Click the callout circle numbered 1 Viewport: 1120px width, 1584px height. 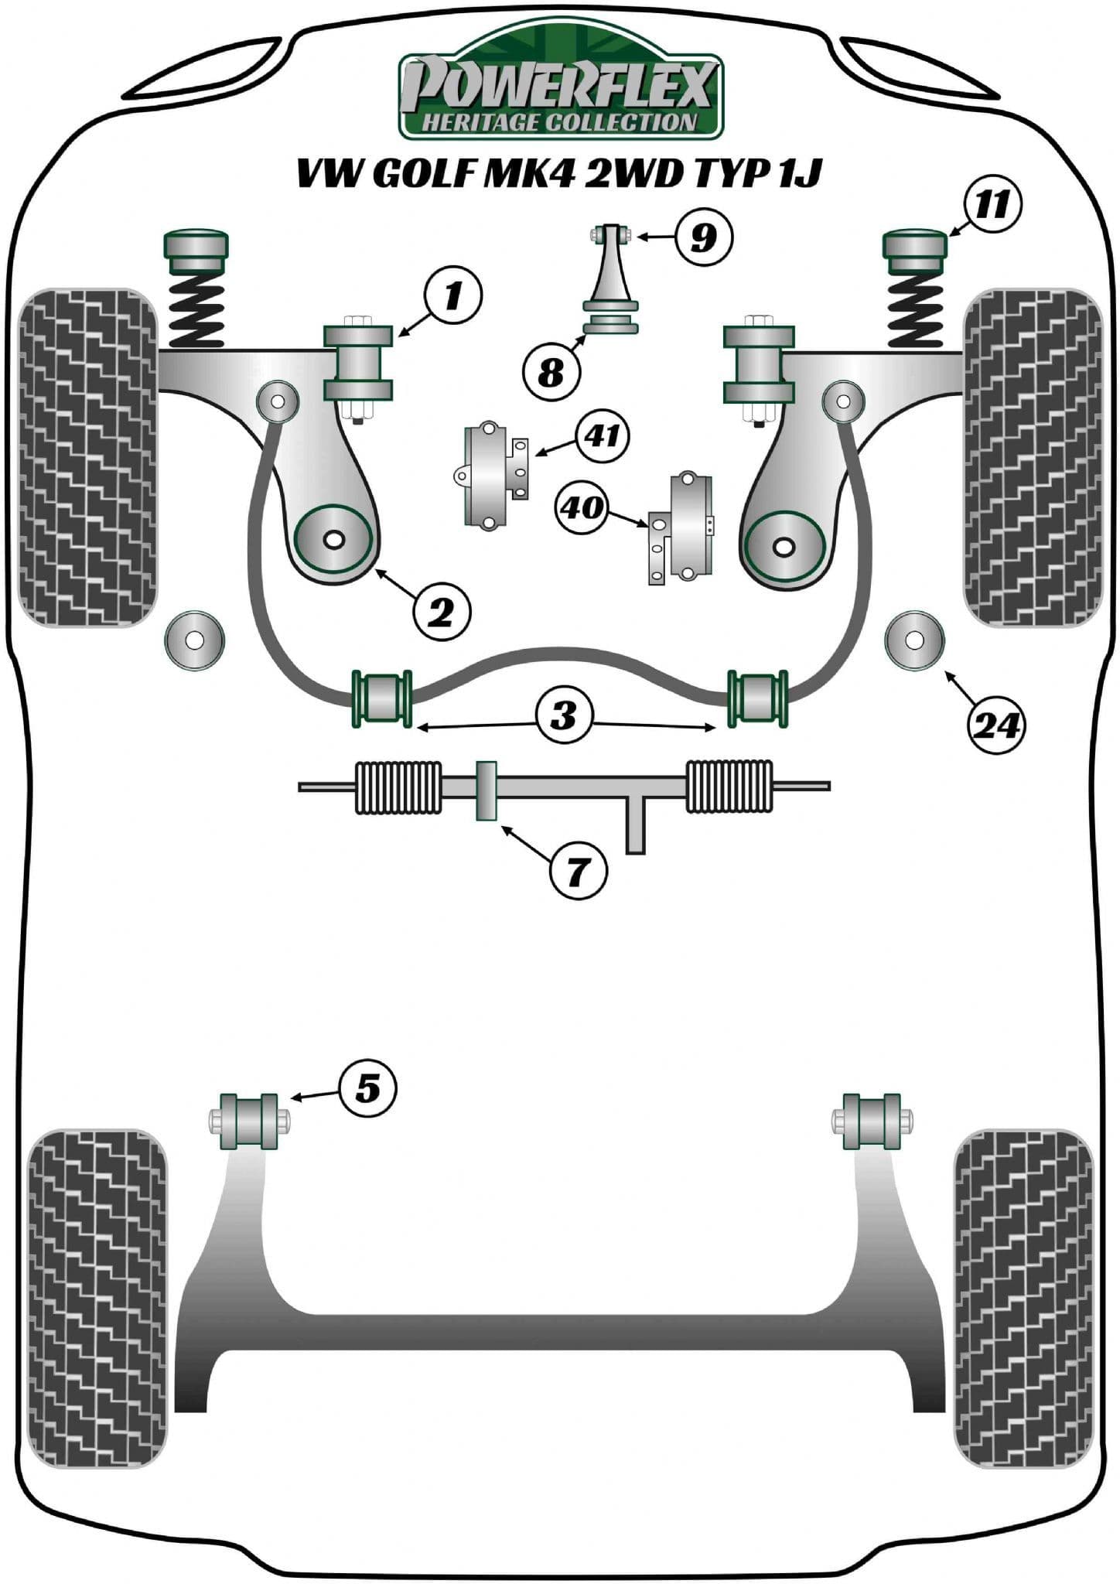452,295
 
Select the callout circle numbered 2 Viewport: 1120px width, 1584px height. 442,613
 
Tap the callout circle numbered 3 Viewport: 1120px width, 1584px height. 565,714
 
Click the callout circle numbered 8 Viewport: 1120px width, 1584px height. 551,374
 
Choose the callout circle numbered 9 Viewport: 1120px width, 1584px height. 703,236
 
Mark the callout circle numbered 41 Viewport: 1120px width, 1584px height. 602,435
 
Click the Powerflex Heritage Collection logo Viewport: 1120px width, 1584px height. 560,85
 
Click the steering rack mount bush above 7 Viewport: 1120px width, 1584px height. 486,791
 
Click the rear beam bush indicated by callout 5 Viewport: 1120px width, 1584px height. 249,1121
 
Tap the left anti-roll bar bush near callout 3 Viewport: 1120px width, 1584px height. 382,698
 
